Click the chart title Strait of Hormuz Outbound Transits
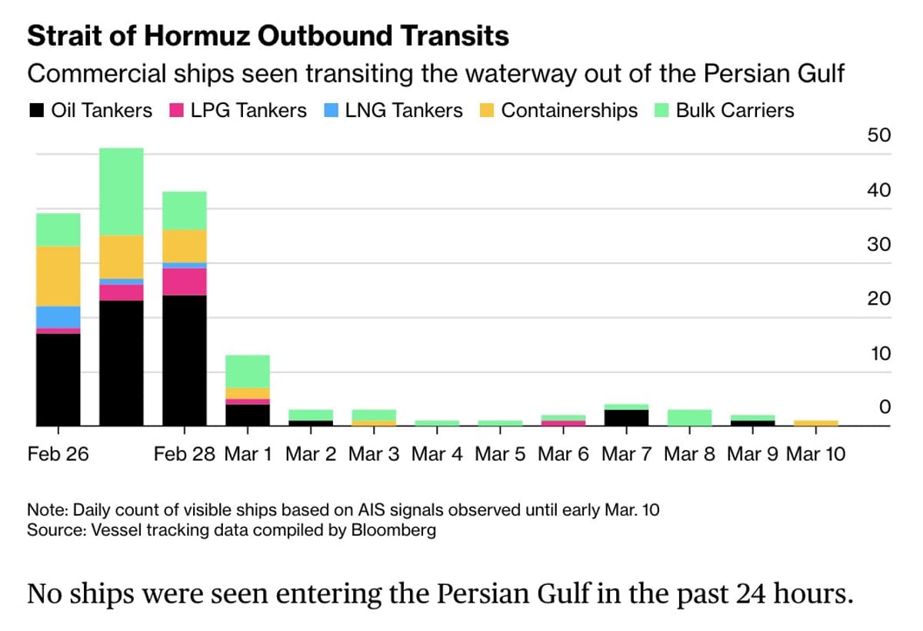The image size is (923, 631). coord(268,36)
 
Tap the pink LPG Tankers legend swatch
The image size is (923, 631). coord(177,111)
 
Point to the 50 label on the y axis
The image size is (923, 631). coord(878,136)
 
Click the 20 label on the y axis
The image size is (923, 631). coord(878,299)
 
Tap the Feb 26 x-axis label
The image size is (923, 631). coord(58,454)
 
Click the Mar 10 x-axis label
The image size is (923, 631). coord(815,454)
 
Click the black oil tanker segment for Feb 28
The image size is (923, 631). coord(184,360)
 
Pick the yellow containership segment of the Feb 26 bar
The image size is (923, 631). coord(58,275)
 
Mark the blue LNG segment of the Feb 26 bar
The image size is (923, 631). coord(58,317)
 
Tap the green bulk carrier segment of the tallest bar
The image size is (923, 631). coord(122,192)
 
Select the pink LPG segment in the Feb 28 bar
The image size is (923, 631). coord(184,282)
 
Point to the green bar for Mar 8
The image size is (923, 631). coord(688,418)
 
